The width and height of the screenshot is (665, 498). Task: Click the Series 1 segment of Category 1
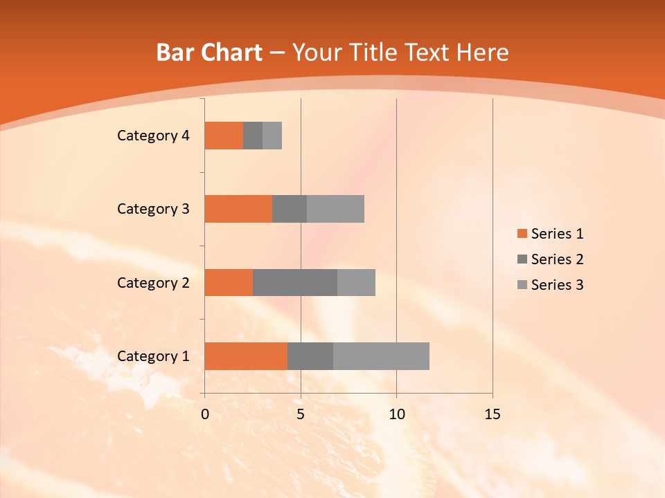click(x=246, y=356)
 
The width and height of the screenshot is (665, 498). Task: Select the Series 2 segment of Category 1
click(x=310, y=356)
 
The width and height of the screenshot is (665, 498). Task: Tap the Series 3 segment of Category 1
click(x=381, y=356)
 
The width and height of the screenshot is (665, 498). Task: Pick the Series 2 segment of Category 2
click(x=295, y=282)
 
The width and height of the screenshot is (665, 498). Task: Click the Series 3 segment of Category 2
click(x=356, y=282)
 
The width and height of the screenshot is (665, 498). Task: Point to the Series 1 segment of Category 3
click(x=238, y=209)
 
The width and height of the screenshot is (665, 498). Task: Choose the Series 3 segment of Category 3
click(x=335, y=209)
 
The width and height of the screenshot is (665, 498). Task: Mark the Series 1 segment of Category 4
click(x=224, y=136)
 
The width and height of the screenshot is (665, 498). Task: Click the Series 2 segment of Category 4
click(x=253, y=136)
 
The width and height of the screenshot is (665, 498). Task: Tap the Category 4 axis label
click(x=153, y=136)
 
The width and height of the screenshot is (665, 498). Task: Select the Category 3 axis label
click(x=153, y=209)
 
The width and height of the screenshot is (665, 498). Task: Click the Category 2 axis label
click(x=153, y=283)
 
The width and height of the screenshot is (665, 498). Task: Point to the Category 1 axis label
click(x=153, y=356)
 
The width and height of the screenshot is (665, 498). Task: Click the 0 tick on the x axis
click(x=205, y=414)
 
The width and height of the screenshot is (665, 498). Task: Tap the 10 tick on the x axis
click(x=396, y=414)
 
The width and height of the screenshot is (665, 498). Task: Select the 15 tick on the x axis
click(x=493, y=414)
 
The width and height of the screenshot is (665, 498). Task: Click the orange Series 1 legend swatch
click(x=522, y=234)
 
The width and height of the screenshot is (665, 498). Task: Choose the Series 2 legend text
click(x=557, y=259)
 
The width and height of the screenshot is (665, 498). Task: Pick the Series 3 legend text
click(x=557, y=285)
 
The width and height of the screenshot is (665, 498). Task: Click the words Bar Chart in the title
click(x=209, y=53)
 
